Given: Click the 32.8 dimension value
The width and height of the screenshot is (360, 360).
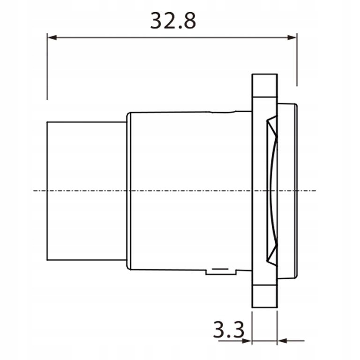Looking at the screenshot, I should click(172, 21).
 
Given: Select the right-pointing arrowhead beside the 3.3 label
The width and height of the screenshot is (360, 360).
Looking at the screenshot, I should click(247, 341).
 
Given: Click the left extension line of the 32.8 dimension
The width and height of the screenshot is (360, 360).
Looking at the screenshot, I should click(47, 70).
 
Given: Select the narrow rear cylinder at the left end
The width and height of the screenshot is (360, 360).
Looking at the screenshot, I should click(87, 191).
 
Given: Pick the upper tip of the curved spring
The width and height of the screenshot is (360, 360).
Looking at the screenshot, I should click(269, 121).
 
